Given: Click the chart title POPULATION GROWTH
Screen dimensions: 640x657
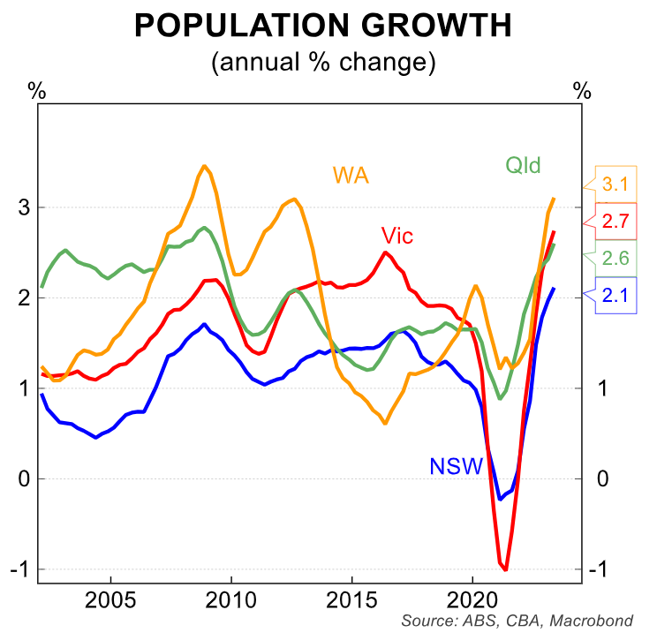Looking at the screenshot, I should (323, 26).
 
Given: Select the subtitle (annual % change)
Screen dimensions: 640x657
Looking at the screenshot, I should (323, 63).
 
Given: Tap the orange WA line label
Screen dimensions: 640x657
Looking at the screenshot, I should (351, 174).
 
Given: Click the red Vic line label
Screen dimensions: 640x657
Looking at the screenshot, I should (397, 236).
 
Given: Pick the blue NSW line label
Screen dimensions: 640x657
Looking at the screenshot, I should (457, 465).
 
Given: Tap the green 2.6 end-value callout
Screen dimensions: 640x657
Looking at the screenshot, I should (615, 258).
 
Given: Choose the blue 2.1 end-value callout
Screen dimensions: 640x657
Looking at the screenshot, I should (615, 298).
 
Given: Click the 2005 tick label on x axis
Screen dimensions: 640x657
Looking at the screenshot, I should (111, 600).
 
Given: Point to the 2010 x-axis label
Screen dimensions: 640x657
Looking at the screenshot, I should (231, 600).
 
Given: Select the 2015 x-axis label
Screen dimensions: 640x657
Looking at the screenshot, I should (351, 600).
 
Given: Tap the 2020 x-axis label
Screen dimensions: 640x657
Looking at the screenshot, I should (472, 600).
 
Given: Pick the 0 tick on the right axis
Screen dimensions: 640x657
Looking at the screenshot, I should (604, 479).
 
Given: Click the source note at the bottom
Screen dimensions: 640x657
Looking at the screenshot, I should (517, 621).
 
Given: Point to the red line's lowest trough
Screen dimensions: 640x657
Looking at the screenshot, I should (505, 569).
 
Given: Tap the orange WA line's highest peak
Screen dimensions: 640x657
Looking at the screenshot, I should (204, 166).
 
